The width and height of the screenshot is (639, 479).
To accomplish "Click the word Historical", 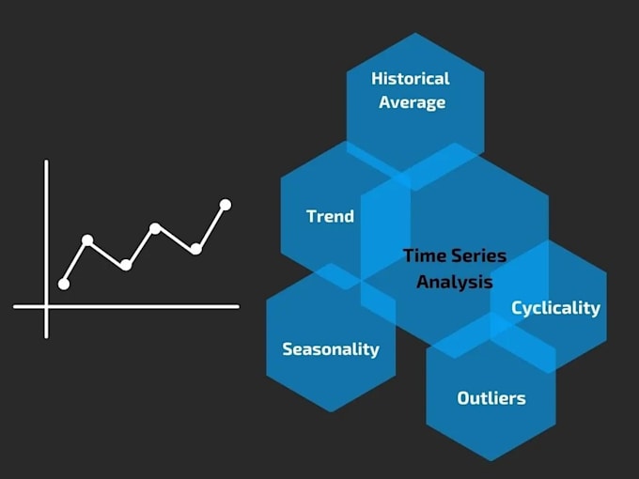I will pyautogui.click(x=411, y=79).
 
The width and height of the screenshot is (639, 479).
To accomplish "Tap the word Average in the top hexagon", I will pyautogui.click(x=412, y=101).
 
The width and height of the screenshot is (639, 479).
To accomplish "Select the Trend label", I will pyautogui.click(x=330, y=216).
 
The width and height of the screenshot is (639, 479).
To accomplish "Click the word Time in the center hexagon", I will pyautogui.click(x=422, y=255).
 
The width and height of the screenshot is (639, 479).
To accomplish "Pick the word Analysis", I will pyautogui.click(x=455, y=281).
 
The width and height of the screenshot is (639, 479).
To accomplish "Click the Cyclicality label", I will pyautogui.click(x=555, y=307).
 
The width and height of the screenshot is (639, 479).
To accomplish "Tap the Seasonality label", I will pyautogui.click(x=331, y=348).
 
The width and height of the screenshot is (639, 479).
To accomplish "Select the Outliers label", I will pyautogui.click(x=491, y=398).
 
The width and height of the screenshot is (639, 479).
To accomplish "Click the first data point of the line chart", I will pyautogui.click(x=64, y=284).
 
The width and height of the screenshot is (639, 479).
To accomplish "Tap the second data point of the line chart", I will pyautogui.click(x=87, y=240).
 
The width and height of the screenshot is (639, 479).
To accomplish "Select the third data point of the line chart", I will pyautogui.click(x=125, y=265).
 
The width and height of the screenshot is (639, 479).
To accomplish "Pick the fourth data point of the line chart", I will pyautogui.click(x=155, y=228).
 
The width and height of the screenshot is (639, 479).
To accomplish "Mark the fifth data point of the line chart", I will pyautogui.click(x=195, y=249).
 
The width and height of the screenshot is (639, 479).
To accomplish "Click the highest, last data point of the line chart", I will pyautogui.click(x=226, y=204).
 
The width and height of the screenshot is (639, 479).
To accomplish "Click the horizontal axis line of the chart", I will pyautogui.click(x=141, y=306).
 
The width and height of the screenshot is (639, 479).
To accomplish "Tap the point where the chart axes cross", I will pyautogui.click(x=46, y=306).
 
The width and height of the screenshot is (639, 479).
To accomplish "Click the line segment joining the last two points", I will pyautogui.click(x=210, y=226).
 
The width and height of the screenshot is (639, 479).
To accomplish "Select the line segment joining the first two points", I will pyautogui.click(x=75, y=262).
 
